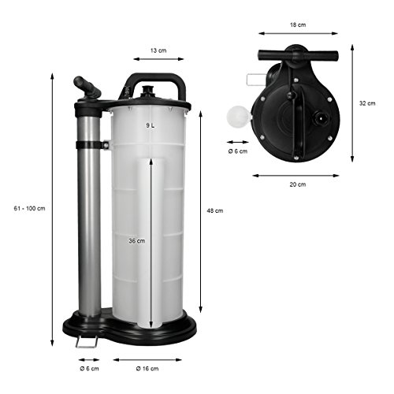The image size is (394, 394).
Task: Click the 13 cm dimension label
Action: [158, 50]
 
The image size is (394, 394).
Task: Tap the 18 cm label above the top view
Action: [298, 25]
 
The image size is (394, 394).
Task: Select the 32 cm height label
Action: [367, 103]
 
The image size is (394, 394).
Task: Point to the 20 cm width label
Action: [298, 184]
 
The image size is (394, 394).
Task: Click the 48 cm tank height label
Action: [215, 210]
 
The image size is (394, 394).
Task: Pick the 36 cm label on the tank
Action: [137, 240]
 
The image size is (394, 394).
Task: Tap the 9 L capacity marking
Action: [151, 125]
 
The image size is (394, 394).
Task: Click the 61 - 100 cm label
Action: [29, 209]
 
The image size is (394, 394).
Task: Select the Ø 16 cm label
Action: [147, 369]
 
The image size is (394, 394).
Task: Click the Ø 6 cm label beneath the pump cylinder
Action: [89, 369]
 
